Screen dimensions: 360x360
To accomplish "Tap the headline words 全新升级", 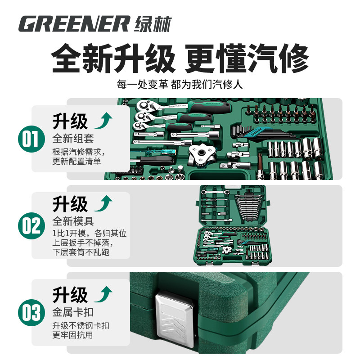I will point(112,59).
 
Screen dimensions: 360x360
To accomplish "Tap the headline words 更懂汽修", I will point(246,59).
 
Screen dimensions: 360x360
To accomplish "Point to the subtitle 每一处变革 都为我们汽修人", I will point(180,85).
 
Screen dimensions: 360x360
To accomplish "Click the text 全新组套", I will point(73,138).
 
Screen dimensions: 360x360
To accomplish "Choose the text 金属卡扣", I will point(73,311).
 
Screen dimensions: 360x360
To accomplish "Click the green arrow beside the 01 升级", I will point(103,121).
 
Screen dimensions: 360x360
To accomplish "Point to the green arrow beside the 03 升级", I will point(103,295).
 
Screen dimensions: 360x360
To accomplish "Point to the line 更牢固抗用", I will point(73,335).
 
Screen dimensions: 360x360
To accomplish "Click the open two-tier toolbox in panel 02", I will point(234,227).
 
